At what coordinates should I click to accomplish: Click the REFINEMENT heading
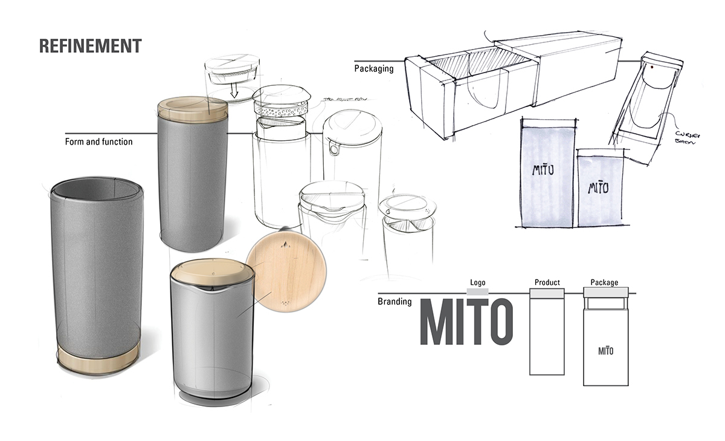click(91, 46)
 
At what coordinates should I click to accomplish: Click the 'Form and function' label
click(98, 142)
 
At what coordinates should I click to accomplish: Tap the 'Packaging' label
click(373, 69)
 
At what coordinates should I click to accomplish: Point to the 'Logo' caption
click(478, 283)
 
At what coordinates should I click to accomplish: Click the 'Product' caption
click(547, 283)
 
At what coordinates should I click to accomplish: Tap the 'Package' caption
click(604, 283)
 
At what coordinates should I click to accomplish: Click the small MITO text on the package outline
click(605, 350)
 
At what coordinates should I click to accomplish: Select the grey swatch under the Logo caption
click(478, 292)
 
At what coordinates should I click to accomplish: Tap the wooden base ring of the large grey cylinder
click(99, 360)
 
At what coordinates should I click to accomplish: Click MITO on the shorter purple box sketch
click(599, 187)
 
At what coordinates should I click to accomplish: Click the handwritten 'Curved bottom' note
click(684, 137)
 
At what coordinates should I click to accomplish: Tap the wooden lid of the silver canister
click(208, 272)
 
